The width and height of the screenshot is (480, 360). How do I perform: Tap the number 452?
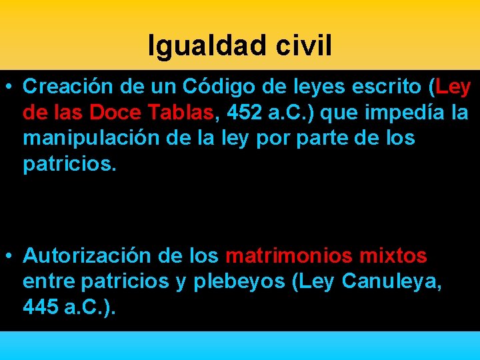[x=244, y=113]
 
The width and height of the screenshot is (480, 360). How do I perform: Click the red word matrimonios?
[x=289, y=255]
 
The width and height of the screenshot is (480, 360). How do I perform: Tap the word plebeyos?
[x=239, y=282]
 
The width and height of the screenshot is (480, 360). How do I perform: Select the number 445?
[x=39, y=307]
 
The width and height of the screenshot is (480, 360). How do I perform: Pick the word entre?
[x=49, y=282]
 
